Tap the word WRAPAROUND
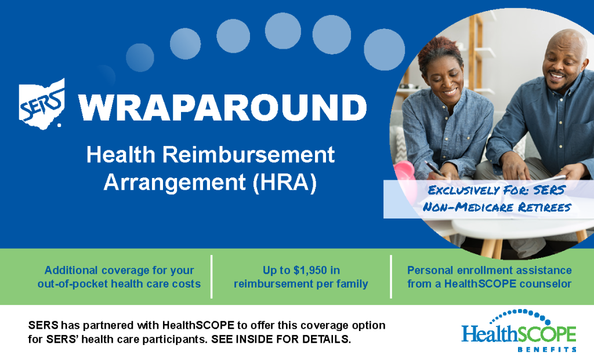pos(223,107)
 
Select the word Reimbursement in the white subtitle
pos(249,154)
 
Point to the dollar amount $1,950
pos(310,270)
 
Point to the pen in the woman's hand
pos(433,168)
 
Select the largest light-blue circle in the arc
pos(384,50)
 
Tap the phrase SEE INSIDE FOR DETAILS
pos(281,339)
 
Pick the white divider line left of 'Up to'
pos(211,277)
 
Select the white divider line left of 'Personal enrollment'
pos(391,277)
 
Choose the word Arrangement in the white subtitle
pos(175,183)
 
